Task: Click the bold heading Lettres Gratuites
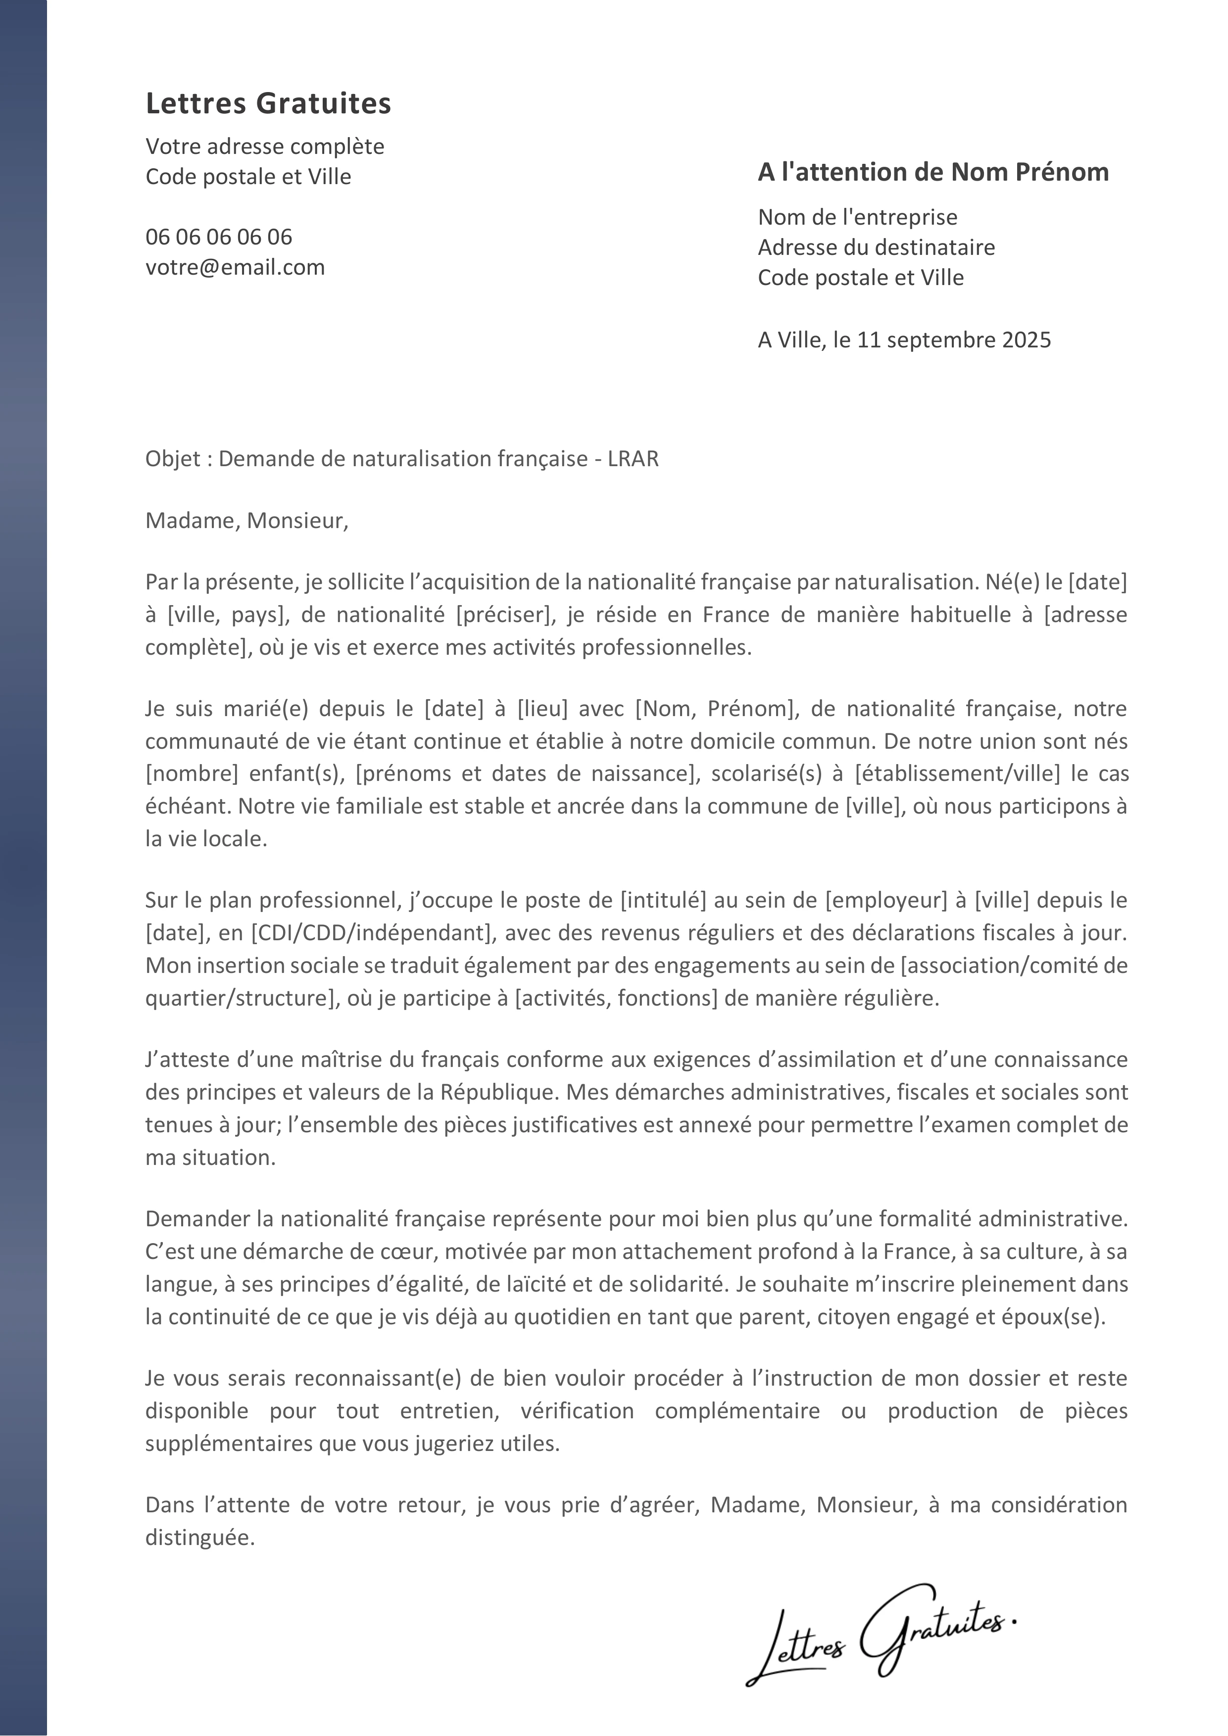pyautogui.click(x=268, y=103)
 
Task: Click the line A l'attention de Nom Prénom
pyautogui.click(x=933, y=172)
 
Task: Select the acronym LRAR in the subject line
pyautogui.click(x=633, y=459)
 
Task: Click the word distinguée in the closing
pyautogui.click(x=199, y=1538)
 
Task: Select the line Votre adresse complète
pyautogui.click(x=265, y=146)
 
